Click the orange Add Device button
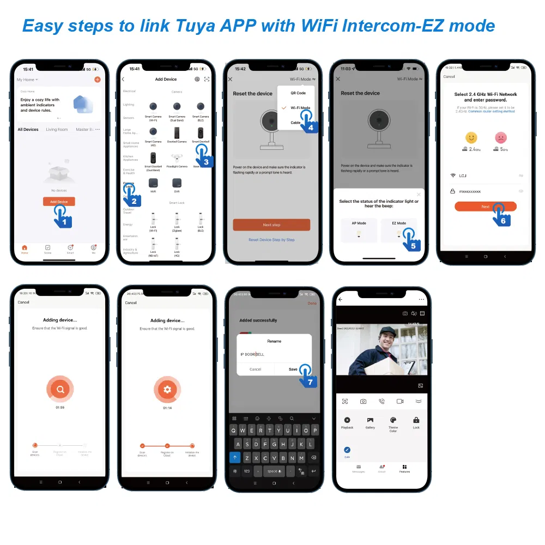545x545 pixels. point(59,202)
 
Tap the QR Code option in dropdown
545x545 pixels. point(298,93)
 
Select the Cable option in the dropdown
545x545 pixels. point(295,123)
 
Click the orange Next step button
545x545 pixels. point(271,225)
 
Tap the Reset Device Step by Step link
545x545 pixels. point(271,240)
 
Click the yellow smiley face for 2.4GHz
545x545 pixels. point(471,137)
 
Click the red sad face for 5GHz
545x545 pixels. point(500,137)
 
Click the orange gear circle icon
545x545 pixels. point(167,389)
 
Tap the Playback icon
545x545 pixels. point(347,420)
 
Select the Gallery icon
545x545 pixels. point(370,420)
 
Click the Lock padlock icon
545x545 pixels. point(416,420)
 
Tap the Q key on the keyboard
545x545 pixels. point(235,430)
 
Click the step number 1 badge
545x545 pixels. point(64,221)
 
